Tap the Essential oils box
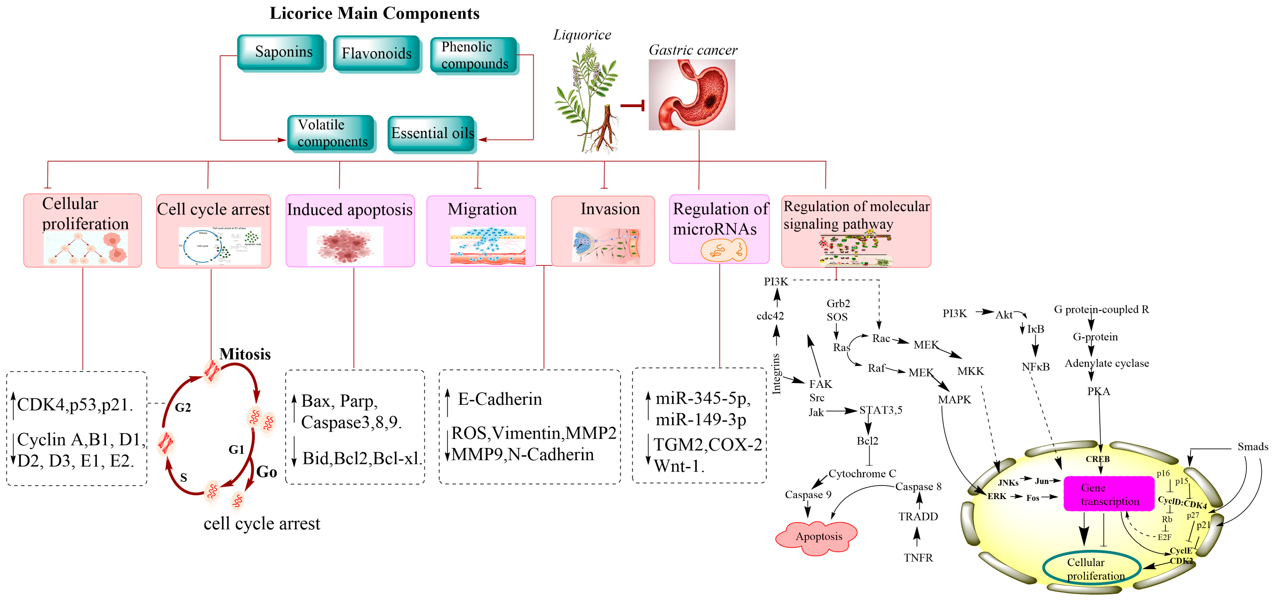point(432,134)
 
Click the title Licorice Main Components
point(374,13)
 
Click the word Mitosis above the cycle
point(245,354)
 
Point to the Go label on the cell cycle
point(266,472)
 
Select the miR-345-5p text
point(703,399)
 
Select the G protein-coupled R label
point(1101,310)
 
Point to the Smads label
point(1252,447)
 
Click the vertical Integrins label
point(776,374)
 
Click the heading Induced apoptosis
point(349,210)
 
